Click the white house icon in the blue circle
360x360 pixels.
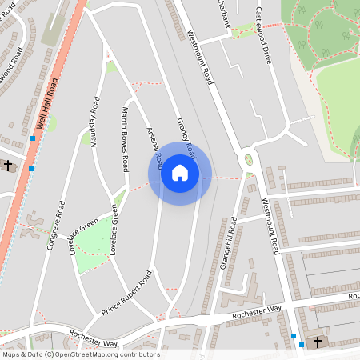pyautogui.click(x=179, y=172)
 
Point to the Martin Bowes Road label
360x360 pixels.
pyautogui.click(x=125, y=140)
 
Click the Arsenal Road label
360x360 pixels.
pyautogui.click(x=154, y=148)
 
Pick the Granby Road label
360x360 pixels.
pyautogui.click(x=186, y=135)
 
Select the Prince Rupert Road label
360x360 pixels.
pyautogui.click(x=126, y=294)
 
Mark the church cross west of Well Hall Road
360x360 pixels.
pyautogui.click(x=8, y=165)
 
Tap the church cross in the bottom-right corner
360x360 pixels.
pyautogui.click(x=317, y=342)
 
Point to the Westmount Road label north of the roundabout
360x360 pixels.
pyautogui.click(x=200, y=59)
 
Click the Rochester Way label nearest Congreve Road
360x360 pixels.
pyautogui.click(x=93, y=338)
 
